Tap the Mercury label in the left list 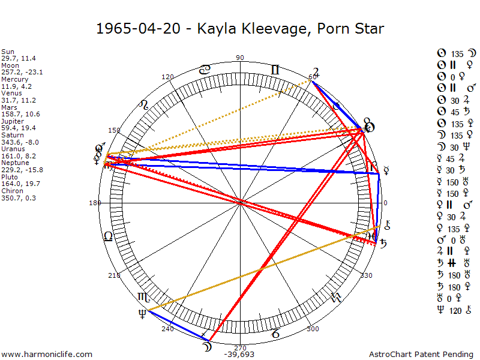point(14,79)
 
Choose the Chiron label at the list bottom point(12,191)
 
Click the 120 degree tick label point(167,77)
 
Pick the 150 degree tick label point(114,130)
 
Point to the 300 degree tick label point(312,329)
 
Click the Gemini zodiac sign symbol point(275,70)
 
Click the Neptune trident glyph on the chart point(142,313)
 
